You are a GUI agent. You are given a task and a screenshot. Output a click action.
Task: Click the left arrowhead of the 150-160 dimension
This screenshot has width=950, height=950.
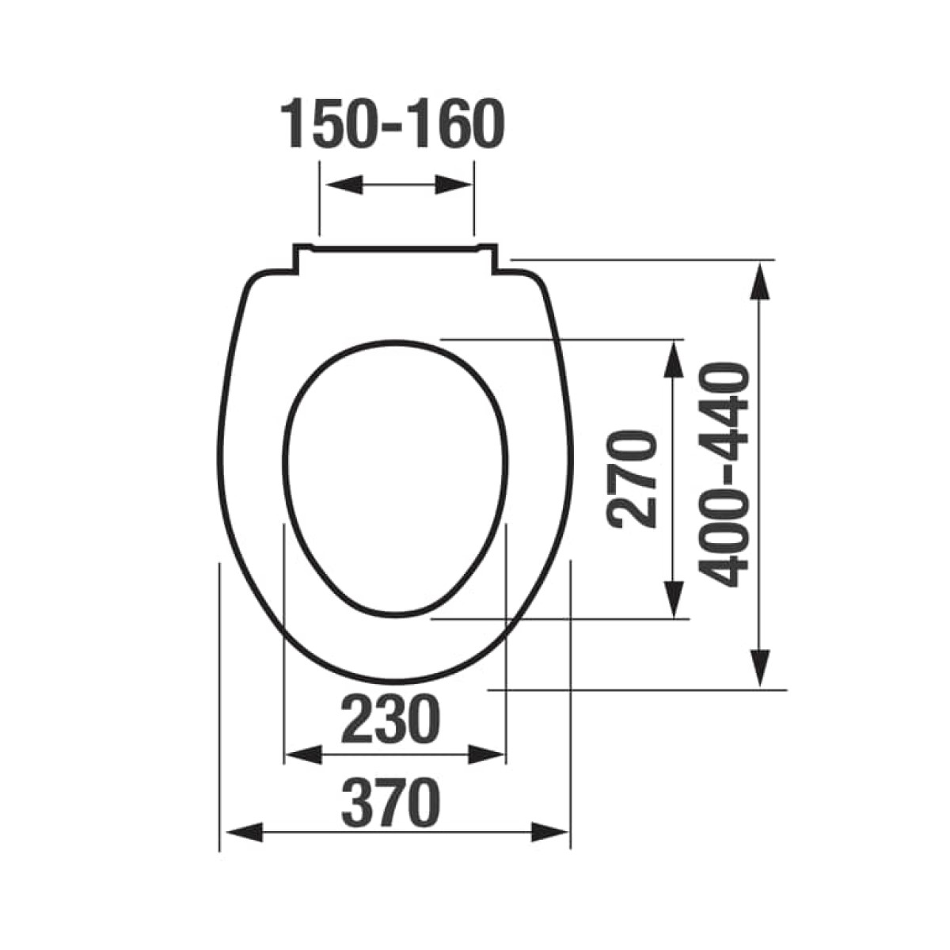(346, 184)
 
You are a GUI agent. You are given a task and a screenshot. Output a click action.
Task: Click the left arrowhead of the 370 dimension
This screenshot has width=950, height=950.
(244, 846)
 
